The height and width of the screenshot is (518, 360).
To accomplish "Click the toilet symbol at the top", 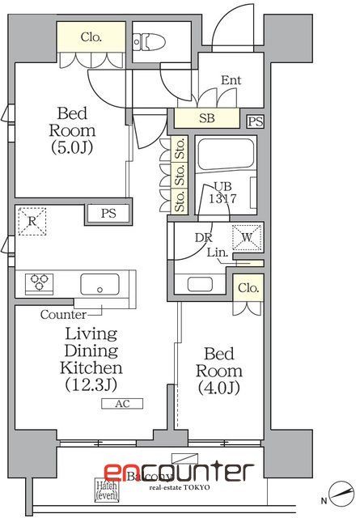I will (x=150, y=40).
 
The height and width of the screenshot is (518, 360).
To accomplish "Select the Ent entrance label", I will (x=231, y=80).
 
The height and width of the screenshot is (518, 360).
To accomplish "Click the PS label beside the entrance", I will (x=256, y=121).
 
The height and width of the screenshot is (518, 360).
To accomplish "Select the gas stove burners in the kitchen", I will (x=39, y=283).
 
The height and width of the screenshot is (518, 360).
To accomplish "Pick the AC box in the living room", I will (x=121, y=404).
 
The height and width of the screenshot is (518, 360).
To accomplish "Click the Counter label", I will (x=62, y=314).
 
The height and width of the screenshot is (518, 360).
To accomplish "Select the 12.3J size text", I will (x=91, y=385).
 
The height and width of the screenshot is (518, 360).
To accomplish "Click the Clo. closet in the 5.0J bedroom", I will (x=91, y=37).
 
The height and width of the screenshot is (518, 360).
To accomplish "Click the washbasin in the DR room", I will (x=199, y=284).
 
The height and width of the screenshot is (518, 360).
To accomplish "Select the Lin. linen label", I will (x=216, y=253).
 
